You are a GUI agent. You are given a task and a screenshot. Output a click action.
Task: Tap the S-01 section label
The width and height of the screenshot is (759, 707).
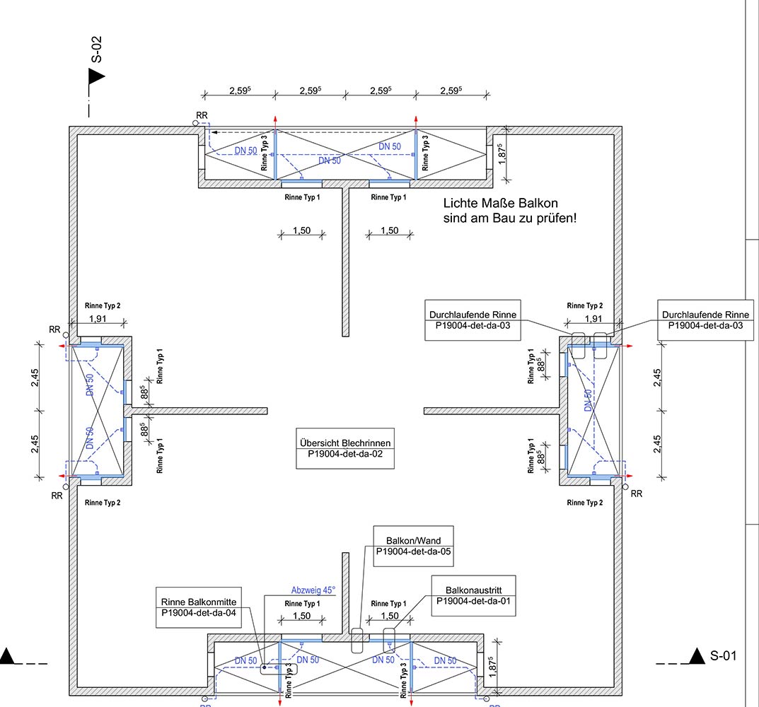pos(723,655)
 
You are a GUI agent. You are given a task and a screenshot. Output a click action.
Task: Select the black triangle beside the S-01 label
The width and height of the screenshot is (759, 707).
pos(698,656)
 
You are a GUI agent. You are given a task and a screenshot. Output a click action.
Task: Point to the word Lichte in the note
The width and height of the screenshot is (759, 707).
pos(461,202)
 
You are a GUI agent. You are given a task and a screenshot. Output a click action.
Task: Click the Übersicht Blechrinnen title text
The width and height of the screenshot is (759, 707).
pos(345,443)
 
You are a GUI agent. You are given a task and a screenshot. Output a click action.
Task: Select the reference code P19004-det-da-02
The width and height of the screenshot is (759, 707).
pos(345,455)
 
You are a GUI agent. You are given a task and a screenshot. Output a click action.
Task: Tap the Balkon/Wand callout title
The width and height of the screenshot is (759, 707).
pos(413,540)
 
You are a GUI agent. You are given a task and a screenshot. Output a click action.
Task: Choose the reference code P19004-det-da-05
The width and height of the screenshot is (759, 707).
pos(413,551)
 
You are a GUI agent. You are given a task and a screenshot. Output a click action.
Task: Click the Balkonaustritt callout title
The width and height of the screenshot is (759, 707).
pos(473,590)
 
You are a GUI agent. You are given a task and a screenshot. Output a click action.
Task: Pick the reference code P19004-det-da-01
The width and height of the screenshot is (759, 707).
pos(473,602)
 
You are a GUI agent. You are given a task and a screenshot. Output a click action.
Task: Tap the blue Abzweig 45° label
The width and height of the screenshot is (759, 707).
pos(313,590)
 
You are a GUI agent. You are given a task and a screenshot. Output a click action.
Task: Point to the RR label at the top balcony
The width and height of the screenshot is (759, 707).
pos(202,115)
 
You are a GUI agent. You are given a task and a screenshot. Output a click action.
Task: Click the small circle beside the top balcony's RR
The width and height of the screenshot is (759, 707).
pos(195,123)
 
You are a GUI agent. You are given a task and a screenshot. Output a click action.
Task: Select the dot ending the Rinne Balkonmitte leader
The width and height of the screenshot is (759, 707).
pos(263,666)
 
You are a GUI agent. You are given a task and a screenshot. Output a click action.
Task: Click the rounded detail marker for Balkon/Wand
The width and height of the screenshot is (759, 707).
pos(357,640)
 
